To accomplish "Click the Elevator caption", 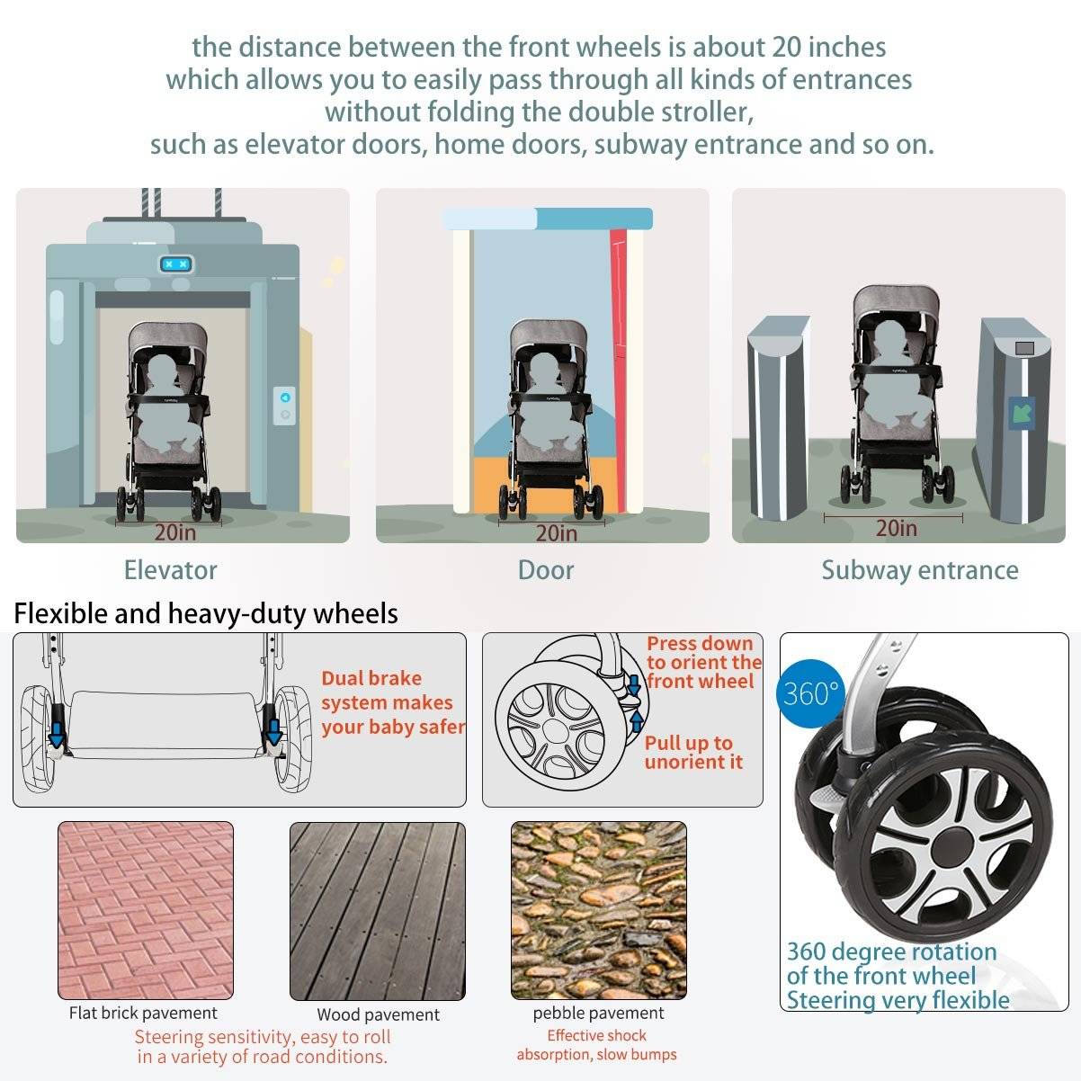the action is click(x=171, y=570).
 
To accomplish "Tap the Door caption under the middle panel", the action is click(x=546, y=570).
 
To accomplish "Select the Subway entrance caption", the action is click(x=920, y=570).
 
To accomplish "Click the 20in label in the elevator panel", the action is click(x=175, y=532).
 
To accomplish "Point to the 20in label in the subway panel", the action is click(x=897, y=528).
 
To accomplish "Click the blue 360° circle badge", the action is click(x=810, y=694).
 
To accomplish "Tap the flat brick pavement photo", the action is click(x=146, y=910).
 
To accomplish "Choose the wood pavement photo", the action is click(x=378, y=911).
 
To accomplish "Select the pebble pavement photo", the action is click(x=599, y=910).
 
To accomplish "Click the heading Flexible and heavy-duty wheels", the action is click(x=206, y=613).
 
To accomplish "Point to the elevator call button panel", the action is click(x=284, y=406).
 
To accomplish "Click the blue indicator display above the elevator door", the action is click(x=176, y=264).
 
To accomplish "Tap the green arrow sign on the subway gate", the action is click(x=1022, y=414).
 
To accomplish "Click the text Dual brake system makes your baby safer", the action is click(x=393, y=702).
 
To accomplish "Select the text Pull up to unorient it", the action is click(x=693, y=752).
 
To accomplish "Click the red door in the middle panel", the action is click(x=619, y=371).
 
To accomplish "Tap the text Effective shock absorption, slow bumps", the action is click(x=597, y=1044).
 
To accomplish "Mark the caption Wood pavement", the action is click(x=378, y=1014).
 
